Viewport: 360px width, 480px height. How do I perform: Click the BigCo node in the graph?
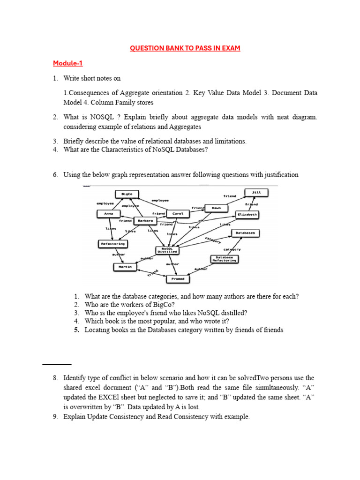pyautogui.click(x=127, y=194)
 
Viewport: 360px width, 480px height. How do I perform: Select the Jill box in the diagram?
pyautogui.click(x=256, y=192)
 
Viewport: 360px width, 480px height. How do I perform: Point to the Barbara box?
pyautogui.click(x=145, y=221)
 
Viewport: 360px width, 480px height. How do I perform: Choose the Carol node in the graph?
pyautogui.click(x=178, y=214)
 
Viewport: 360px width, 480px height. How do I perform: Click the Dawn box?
pyautogui.click(x=216, y=208)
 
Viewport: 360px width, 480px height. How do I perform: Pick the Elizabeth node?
pyautogui.click(x=247, y=214)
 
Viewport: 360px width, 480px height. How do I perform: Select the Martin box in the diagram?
pyautogui.click(x=125, y=267)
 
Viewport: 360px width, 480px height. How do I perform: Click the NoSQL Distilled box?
pyautogui.click(x=168, y=250)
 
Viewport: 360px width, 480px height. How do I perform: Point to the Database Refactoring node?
pyautogui.click(x=225, y=259)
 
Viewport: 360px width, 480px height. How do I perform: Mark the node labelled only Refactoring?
pyautogui.click(x=112, y=244)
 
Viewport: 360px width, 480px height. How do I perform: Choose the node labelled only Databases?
pyautogui.click(x=245, y=233)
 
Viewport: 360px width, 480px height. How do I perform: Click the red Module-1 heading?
pyautogui.click(x=67, y=63)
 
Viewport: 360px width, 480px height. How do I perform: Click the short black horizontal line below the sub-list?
pyautogui.click(x=57, y=364)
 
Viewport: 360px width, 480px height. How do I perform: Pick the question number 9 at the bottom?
pyautogui.click(x=55, y=417)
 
